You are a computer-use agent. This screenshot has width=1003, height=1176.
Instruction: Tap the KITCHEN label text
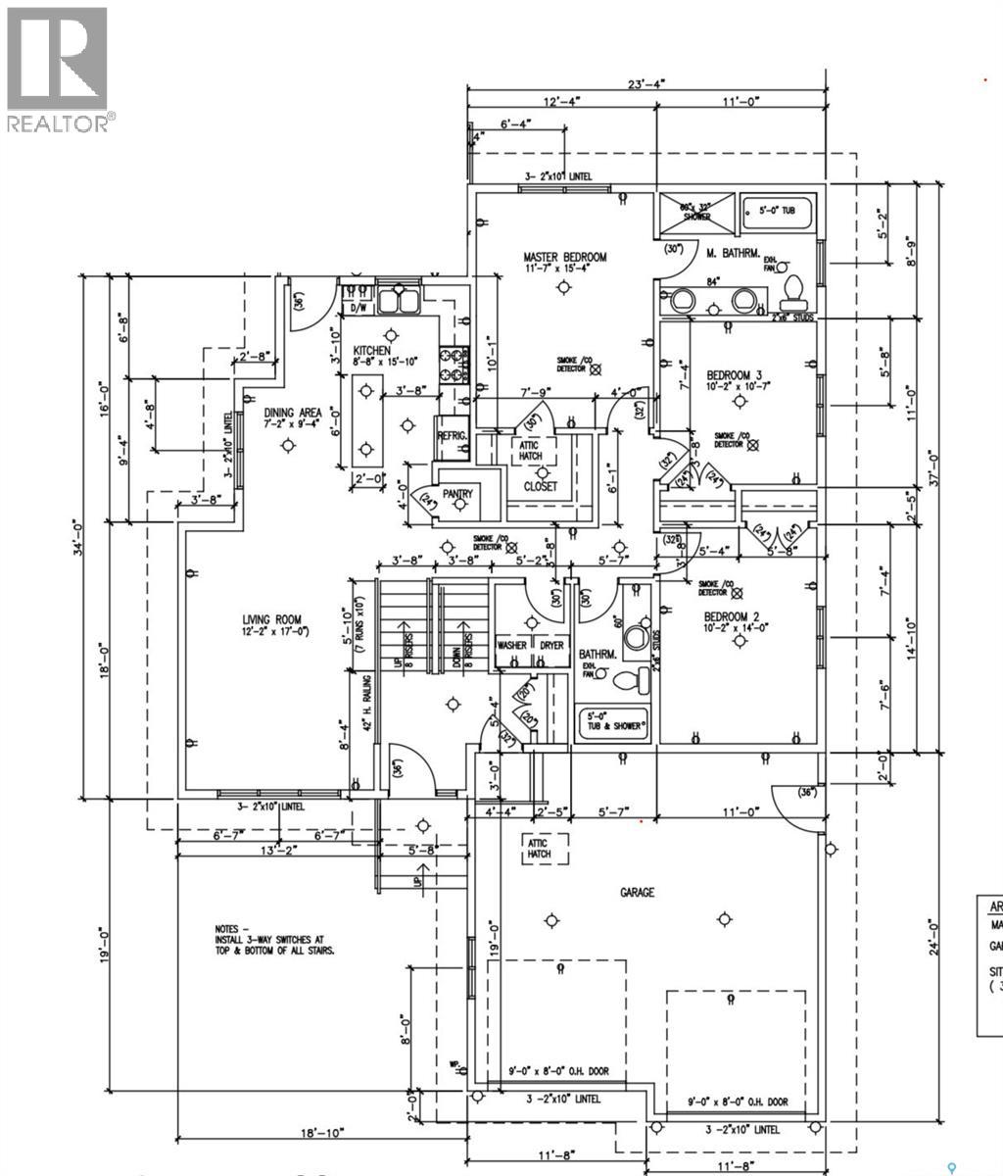[x=372, y=351]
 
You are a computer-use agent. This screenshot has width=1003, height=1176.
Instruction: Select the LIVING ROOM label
[x=272, y=619]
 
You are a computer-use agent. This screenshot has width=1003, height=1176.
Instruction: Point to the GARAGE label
[x=637, y=893]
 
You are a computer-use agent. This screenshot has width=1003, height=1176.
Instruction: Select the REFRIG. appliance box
[x=453, y=438]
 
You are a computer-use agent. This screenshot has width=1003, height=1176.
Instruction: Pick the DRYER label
[x=551, y=646]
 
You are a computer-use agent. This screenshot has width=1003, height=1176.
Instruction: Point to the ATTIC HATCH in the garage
[x=538, y=848]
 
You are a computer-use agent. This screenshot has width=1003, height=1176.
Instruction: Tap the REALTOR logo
[x=59, y=69]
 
